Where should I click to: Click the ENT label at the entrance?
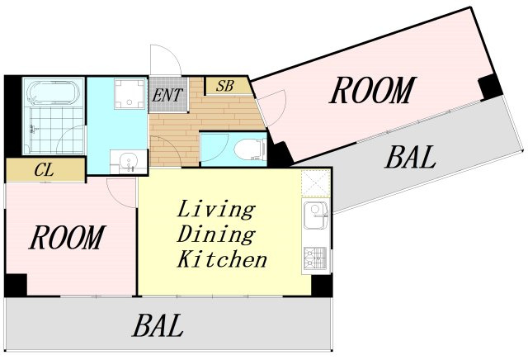167,95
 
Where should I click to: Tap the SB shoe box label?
225,86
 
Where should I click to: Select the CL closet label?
44,170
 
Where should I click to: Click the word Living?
216,210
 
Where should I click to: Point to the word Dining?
216,234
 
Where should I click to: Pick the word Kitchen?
222,259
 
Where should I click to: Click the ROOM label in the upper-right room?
373,90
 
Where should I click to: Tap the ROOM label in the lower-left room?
68,237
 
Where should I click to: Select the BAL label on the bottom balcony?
158,325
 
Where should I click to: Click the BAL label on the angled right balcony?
410,157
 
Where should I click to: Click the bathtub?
53,92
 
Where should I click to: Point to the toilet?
250,149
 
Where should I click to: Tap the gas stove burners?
315,258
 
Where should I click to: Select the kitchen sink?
315,215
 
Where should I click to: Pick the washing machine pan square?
130,94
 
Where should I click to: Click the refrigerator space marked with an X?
315,183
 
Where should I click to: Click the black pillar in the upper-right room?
490,87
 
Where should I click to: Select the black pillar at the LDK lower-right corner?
322,285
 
